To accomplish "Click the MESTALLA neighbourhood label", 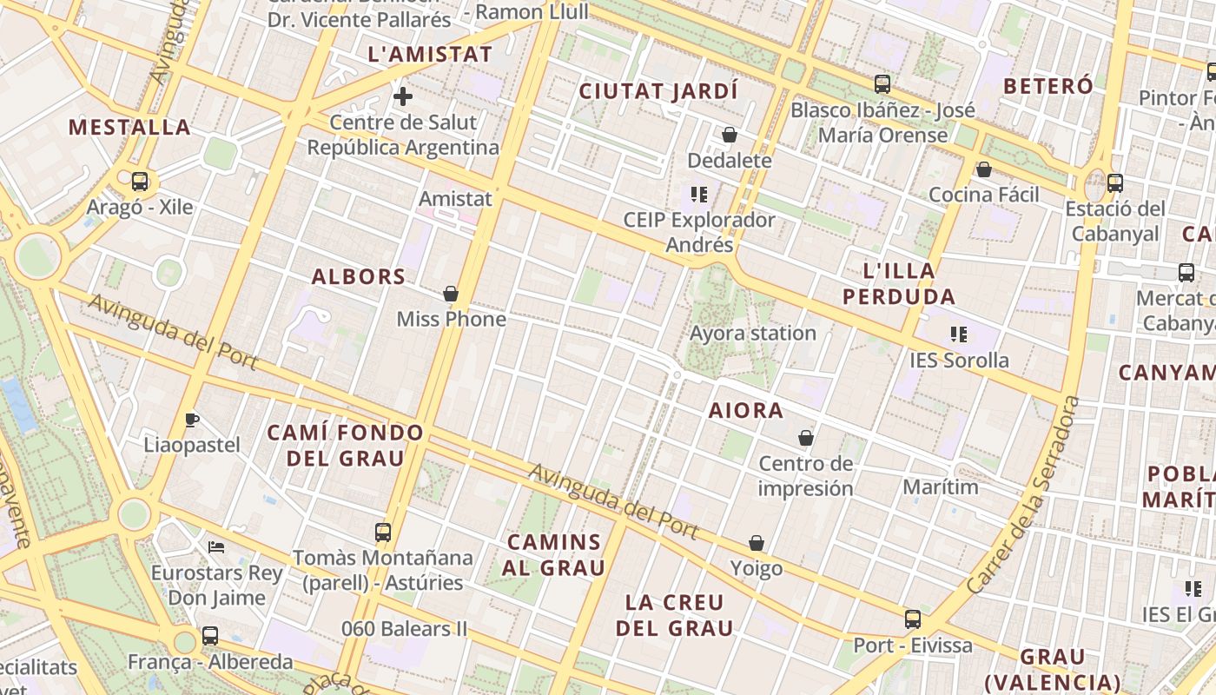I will point(129,127).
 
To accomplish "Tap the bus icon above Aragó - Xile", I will point(139,182).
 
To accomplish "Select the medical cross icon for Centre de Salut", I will point(403,96).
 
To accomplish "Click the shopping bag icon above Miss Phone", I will point(451,294).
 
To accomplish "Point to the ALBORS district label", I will point(359,276).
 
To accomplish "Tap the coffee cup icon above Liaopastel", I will point(192,420).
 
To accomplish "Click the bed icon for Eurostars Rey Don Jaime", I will point(216,547).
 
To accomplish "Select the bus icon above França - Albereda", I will point(210,636).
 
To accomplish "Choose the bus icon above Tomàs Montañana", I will point(383,532).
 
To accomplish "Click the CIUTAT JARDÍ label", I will point(658,90).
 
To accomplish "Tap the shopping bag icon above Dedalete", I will point(730,135).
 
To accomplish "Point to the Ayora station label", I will point(753,333).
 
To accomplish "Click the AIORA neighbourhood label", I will point(746,410).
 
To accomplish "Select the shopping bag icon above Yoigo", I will point(757,543).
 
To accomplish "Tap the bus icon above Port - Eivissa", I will point(913,619).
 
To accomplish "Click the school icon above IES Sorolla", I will point(959,334).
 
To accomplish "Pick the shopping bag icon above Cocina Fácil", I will point(984,169).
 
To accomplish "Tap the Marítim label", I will point(941,486).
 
